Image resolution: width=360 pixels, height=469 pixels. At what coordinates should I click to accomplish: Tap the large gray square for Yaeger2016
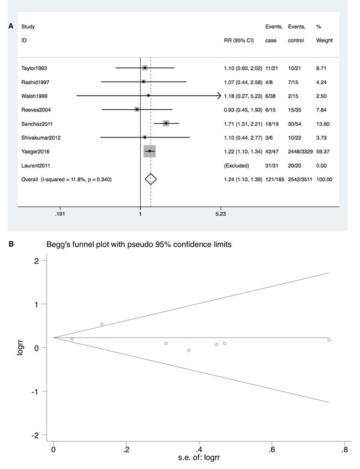click(x=150, y=151)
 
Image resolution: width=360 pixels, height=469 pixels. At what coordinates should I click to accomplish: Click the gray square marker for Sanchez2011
click(x=166, y=123)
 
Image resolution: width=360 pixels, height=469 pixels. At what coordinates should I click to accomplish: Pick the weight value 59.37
click(x=323, y=151)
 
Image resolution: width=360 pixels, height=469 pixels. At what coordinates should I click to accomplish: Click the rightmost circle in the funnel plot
click(x=329, y=340)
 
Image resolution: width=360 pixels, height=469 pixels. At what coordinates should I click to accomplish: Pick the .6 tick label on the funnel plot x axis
click(x=271, y=450)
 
